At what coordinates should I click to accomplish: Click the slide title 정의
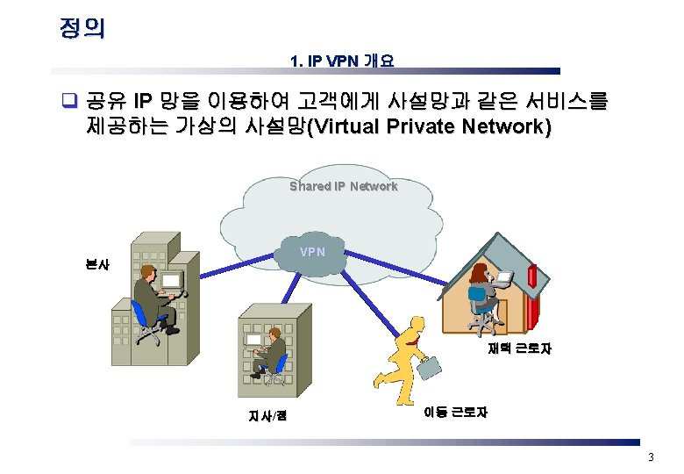click(x=82, y=27)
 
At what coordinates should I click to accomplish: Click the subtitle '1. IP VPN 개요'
click(x=342, y=61)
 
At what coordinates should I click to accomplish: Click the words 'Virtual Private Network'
click(x=429, y=126)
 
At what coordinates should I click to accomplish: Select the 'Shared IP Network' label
click(x=344, y=186)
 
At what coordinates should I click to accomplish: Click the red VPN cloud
click(x=312, y=254)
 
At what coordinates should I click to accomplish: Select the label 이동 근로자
click(x=455, y=412)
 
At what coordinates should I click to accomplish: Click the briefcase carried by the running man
click(x=431, y=366)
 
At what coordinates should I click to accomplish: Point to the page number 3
click(x=651, y=457)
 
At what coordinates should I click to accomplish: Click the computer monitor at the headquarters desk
click(x=171, y=280)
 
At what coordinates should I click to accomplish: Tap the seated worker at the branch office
click(x=274, y=350)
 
